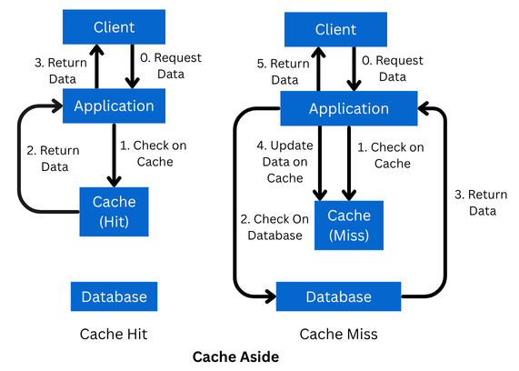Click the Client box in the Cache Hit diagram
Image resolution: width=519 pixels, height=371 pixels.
[x=113, y=26]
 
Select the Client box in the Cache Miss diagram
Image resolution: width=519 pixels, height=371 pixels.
[x=335, y=30]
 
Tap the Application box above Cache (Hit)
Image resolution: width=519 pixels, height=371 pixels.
[x=113, y=105]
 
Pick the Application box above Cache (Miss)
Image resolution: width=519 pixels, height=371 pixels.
[x=348, y=109]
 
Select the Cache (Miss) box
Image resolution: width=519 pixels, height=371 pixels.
[x=349, y=224]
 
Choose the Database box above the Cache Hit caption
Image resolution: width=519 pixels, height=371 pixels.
[x=114, y=296]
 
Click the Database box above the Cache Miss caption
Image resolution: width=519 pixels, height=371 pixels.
[x=338, y=296]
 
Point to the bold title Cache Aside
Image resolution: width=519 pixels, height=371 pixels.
[x=235, y=356]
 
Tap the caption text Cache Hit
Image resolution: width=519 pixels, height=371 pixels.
[x=114, y=334]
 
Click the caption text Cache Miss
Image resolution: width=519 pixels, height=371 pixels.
[x=338, y=334]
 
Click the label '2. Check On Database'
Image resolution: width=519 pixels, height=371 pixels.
[x=271, y=226]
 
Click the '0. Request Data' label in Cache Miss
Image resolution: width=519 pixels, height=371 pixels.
[x=392, y=68]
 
